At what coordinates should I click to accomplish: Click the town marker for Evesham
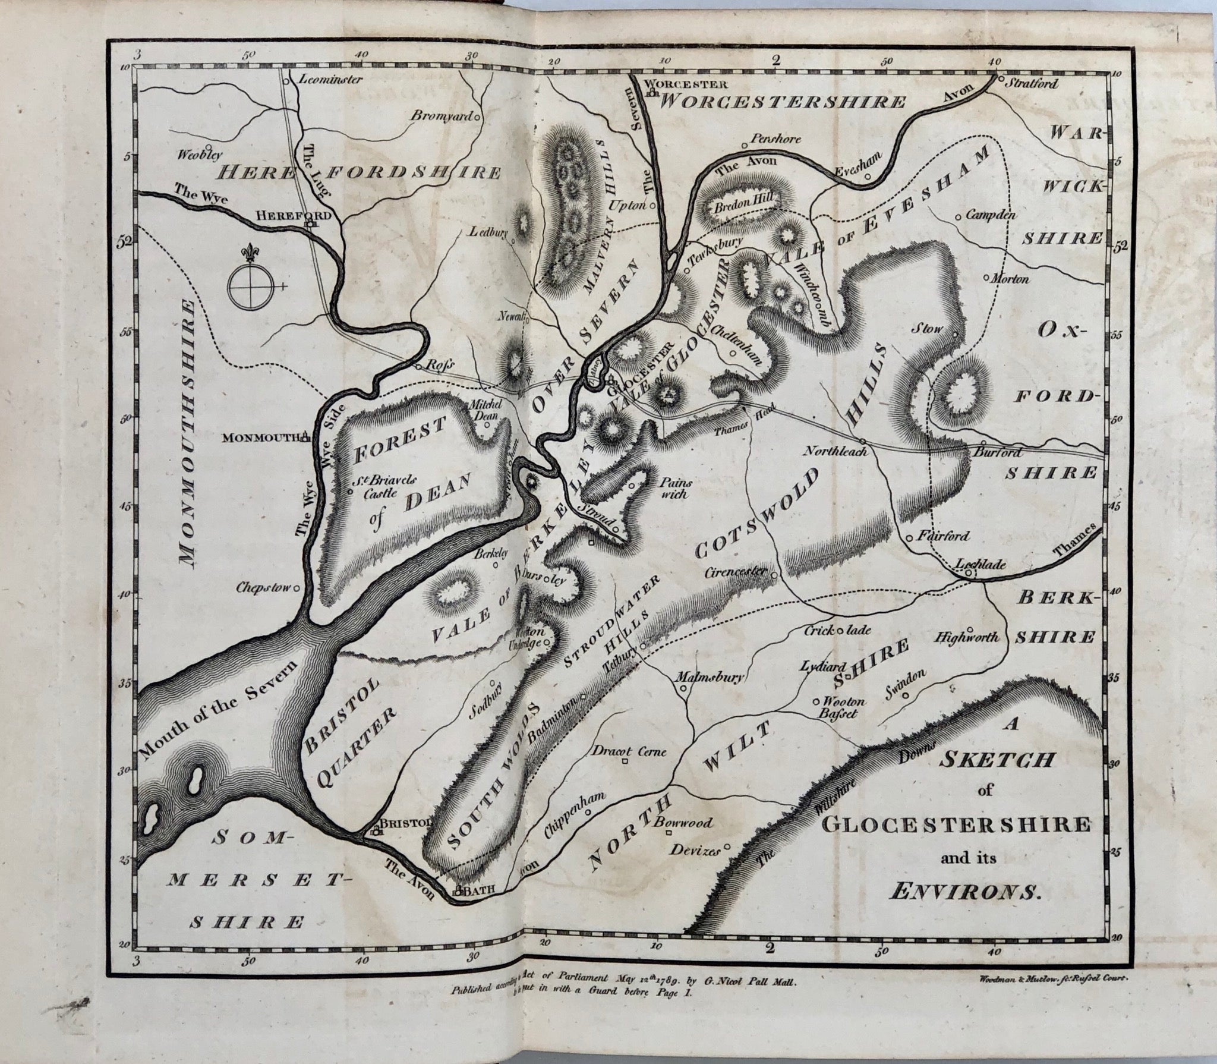click(x=868, y=176)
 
